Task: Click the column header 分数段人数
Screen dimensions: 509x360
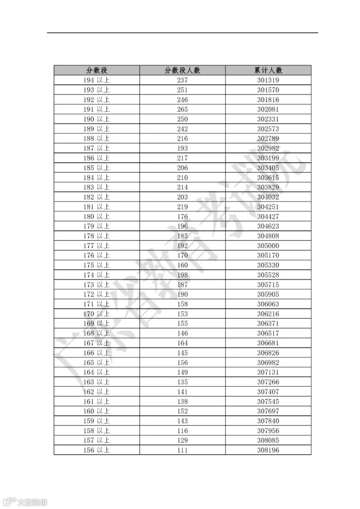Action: (182, 70)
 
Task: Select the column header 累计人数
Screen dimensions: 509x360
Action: (268, 70)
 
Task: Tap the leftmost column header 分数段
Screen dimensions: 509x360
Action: (97, 70)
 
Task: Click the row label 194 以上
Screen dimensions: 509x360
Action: (96, 80)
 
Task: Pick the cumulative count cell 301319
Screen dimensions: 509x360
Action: (268, 80)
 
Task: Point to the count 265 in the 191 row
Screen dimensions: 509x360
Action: (182, 110)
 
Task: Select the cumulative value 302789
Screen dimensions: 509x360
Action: (268, 139)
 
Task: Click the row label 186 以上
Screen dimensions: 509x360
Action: (96, 158)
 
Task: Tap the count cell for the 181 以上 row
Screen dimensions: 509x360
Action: (182, 207)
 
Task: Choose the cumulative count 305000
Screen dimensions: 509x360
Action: (268, 246)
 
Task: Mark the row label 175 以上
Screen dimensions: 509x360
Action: (96, 265)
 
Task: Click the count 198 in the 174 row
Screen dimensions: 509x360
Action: (182, 275)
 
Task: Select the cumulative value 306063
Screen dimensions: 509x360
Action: (268, 304)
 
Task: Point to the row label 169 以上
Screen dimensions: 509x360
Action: (96, 323)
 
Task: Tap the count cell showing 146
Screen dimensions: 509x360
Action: (182, 333)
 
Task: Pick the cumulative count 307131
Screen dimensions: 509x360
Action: (268, 372)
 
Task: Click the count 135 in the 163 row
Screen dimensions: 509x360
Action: (182, 382)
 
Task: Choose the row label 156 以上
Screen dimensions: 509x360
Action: (96, 450)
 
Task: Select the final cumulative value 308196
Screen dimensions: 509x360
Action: (268, 450)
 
